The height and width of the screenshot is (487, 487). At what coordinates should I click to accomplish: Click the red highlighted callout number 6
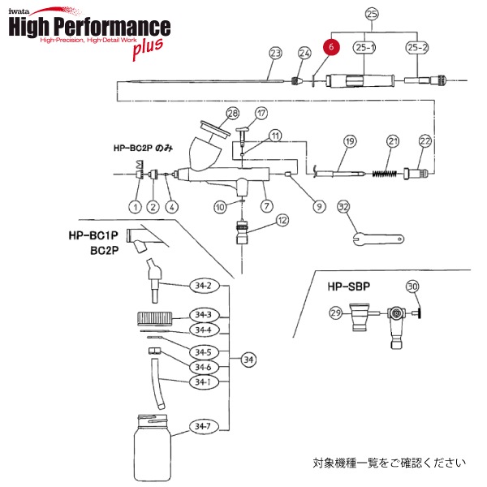(332, 48)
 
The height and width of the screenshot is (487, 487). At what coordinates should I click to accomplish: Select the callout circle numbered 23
(275, 54)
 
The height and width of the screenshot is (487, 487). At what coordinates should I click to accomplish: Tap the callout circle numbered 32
(343, 208)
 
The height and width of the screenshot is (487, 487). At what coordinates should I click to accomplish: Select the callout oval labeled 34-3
(202, 315)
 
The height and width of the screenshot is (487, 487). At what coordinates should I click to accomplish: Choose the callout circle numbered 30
(412, 287)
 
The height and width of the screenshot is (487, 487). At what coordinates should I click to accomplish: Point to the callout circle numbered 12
(282, 220)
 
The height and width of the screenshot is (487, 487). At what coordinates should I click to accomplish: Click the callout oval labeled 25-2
(417, 48)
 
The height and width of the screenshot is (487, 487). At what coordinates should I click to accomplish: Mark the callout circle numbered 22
(424, 142)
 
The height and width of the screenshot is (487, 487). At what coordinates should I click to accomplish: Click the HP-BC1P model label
(89, 235)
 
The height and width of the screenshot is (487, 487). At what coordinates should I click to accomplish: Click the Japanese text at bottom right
(390, 463)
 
